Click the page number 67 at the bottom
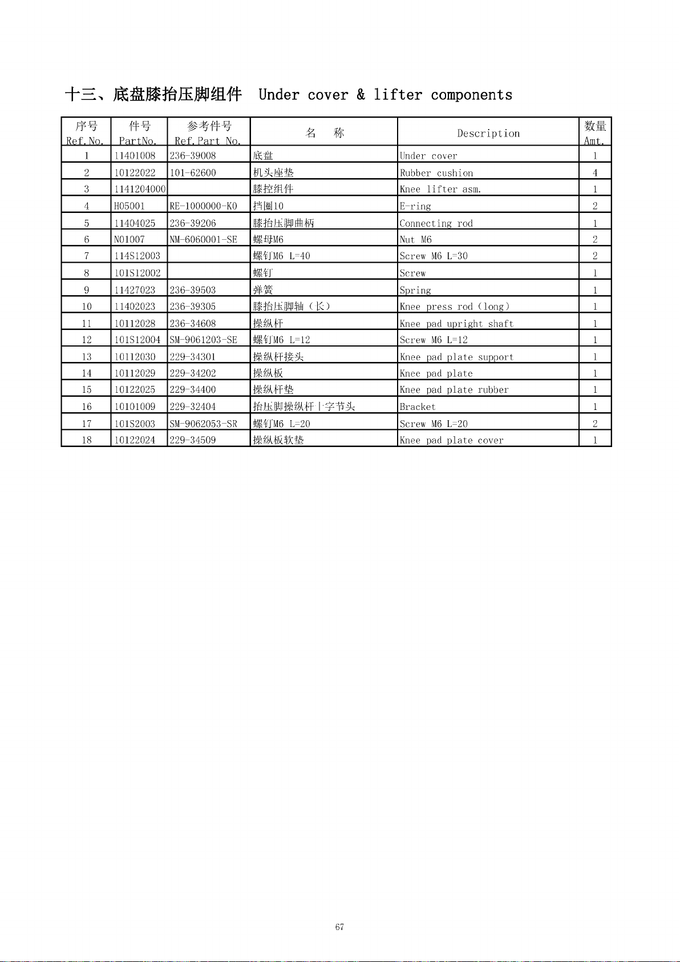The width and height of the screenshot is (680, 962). coord(339,927)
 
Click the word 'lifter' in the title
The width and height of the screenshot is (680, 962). coord(398,95)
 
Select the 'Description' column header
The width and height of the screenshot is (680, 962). coord(488,134)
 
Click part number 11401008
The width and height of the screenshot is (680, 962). coord(135,156)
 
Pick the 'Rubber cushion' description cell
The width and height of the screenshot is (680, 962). coord(436,173)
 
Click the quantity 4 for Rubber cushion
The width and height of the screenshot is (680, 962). coord(595,172)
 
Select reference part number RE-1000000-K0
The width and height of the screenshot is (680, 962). coord(203,206)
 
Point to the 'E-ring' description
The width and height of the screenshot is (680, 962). coord(415,206)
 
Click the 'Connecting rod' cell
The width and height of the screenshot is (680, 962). coord(436,223)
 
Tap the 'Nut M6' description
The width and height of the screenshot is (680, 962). coord(416,240)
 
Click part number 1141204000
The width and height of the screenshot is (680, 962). coord(140,189)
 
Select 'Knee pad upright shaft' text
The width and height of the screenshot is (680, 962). coord(456,324)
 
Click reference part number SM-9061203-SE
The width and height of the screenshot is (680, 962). coord(203,340)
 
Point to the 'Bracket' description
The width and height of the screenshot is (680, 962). coord(418,406)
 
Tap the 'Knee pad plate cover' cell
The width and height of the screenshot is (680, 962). coord(451,440)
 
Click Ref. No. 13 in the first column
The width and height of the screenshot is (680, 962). coord(87,357)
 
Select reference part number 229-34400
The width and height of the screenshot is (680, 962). coord(193,390)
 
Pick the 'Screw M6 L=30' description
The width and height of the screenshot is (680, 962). coord(434,256)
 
